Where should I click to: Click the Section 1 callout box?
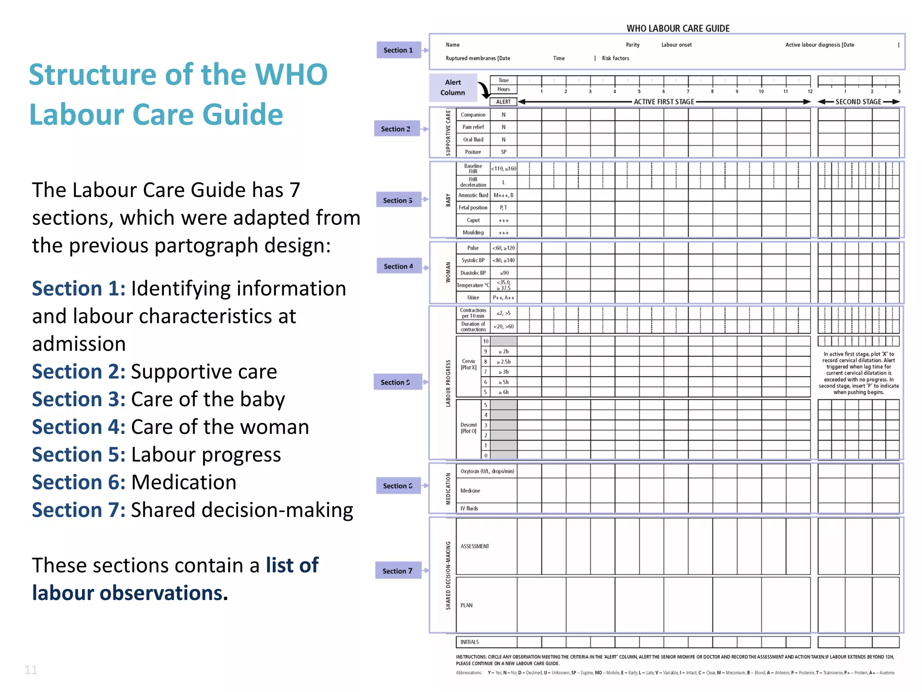tap(398, 50)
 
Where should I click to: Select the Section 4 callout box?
tap(398, 266)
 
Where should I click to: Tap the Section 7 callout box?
tap(398, 571)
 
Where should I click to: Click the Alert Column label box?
tap(452, 87)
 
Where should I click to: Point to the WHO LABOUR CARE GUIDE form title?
tap(678, 28)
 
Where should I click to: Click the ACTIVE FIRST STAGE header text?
tap(664, 102)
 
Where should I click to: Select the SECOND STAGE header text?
tap(858, 102)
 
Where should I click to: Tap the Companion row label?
tap(473, 115)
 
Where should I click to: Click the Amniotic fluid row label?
tap(473, 195)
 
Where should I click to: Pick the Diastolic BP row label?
tap(473, 273)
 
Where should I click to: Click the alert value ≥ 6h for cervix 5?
tap(503, 392)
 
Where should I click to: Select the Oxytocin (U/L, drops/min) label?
tap(487, 471)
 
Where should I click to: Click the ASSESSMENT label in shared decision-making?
tap(475, 546)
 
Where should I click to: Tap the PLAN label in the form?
tap(466, 605)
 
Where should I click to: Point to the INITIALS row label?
tap(470, 642)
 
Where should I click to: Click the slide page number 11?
tap(31, 670)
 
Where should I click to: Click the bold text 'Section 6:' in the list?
tap(79, 483)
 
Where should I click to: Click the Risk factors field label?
tap(615, 58)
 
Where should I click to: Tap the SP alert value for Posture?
tap(503, 152)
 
